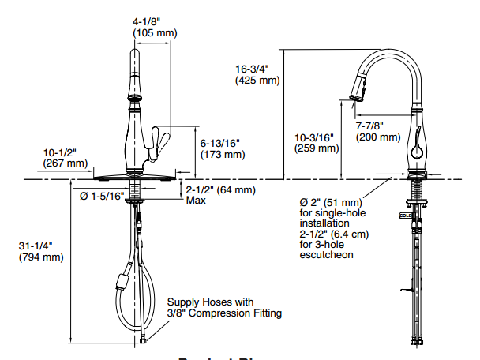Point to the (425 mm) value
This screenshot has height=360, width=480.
[x=257, y=80]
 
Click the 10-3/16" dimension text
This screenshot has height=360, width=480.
[x=313, y=136]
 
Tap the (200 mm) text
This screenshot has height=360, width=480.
[x=377, y=137]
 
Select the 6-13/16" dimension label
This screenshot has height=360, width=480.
[x=220, y=143]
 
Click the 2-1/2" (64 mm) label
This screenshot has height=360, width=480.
[x=220, y=189]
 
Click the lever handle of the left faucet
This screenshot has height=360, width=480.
[x=164, y=144]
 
